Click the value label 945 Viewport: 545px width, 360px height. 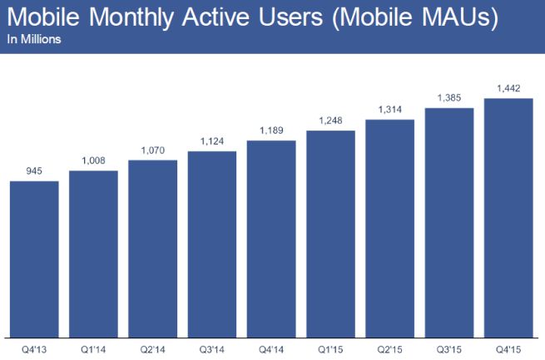tap(34, 171)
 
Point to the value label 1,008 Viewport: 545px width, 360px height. tap(93, 161)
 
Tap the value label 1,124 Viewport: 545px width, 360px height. tap(212, 141)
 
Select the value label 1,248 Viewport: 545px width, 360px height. tap(331, 121)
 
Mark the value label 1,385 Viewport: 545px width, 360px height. tap(449, 98)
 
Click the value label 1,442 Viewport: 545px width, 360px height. tap(508, 89)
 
